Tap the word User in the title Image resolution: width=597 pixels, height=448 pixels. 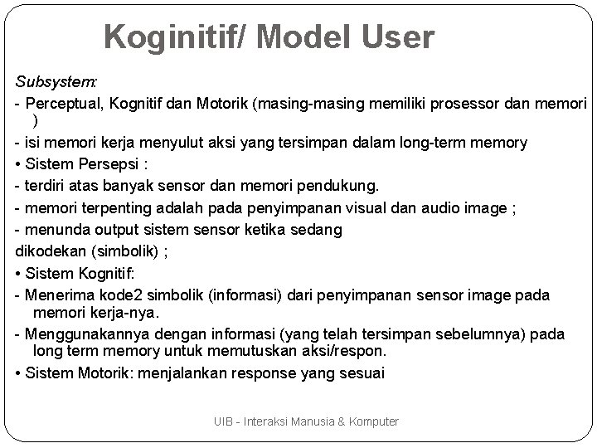pyautogui.click(x=396, y=37)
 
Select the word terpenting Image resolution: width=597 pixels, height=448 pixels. pyautogui.click(x=118, y=207)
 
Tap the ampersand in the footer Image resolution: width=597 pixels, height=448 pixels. pyautogui.click(x=342, y=422)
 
